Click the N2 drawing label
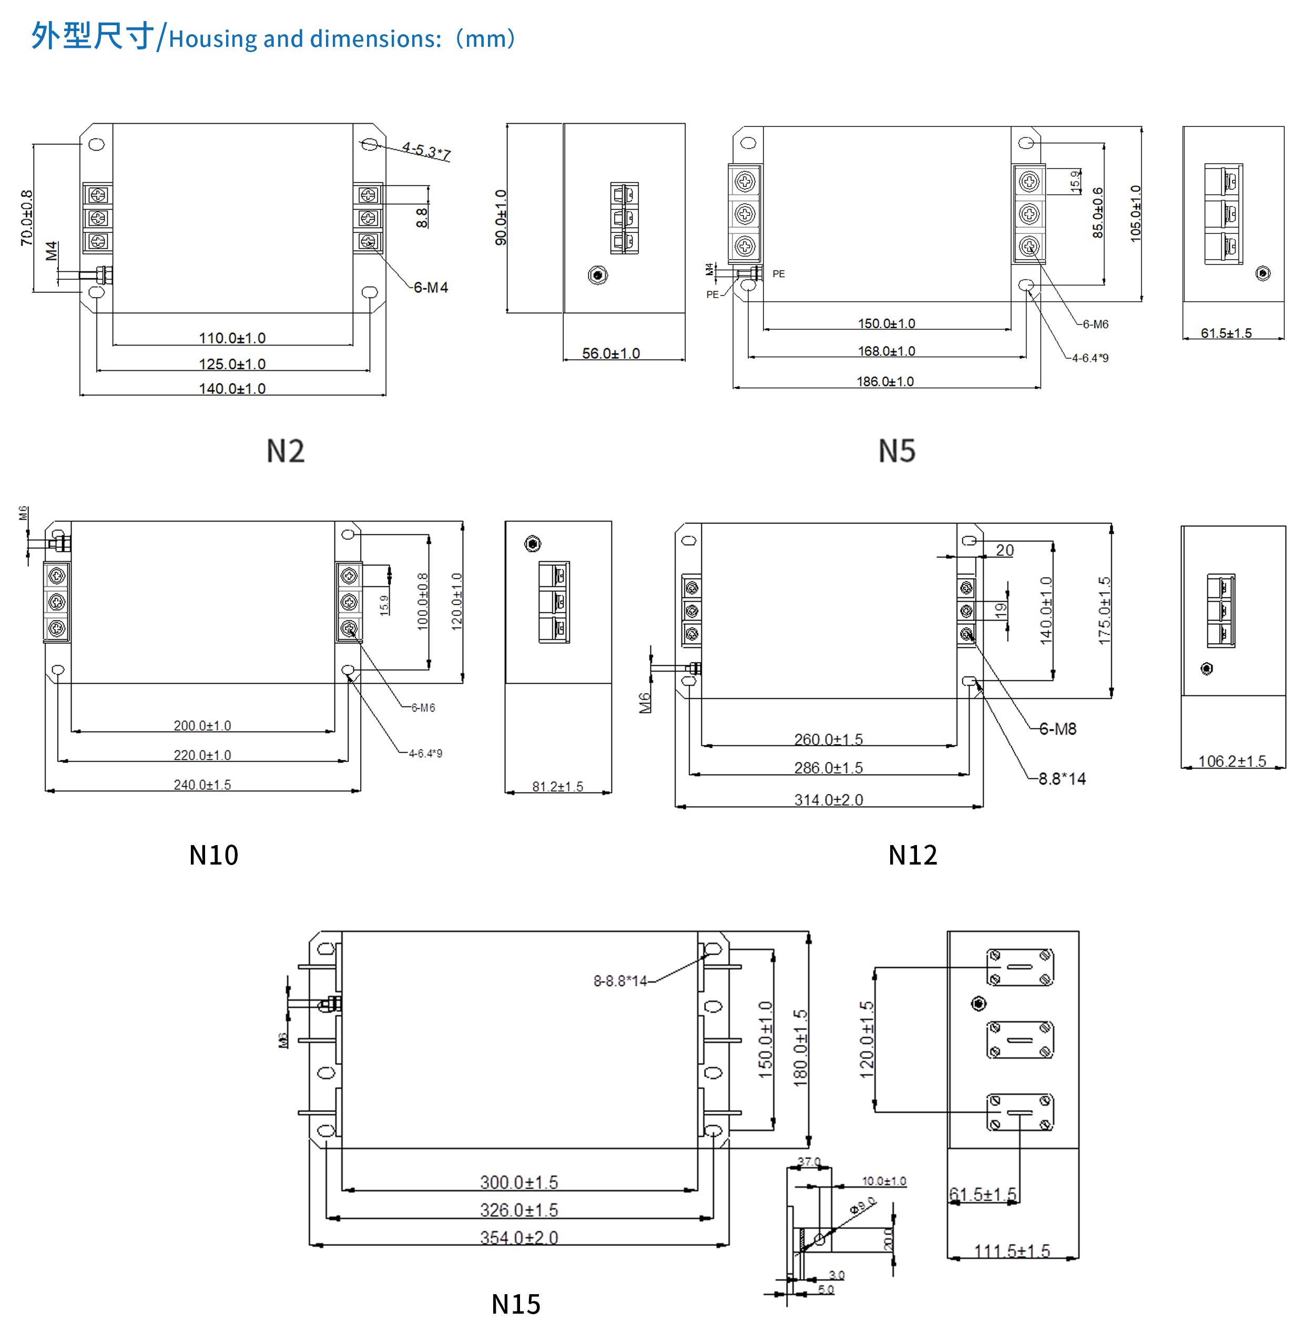[x=285, y=451]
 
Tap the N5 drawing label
[x=896, y=451]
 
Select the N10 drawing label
[x=213, y=855]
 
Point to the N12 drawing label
[x=912, y=855]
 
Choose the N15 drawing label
[x=516, y=1304]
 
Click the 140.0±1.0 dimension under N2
[x=232, y=388]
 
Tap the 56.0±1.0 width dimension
[x=611, y=353]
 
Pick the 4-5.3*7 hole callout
[x=426, y=151]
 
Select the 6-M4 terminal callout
[x=431, y=288]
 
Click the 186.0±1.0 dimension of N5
[x=885, y=381]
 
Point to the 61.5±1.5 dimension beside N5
[x=1226, y=333]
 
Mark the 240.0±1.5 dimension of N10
[x=202, y=785]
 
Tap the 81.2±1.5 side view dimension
[x=557, y=787]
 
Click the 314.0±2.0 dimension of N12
[x=829, y=800]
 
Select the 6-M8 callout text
[x=1057, y=729]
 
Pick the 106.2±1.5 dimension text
[x=1232, y=761]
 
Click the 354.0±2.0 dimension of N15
[x=519, y=1237]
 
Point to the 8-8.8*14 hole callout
[x=620, y=981]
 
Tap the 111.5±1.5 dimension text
[x=1012, y=1251]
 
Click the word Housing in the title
[x=213, y=39]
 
